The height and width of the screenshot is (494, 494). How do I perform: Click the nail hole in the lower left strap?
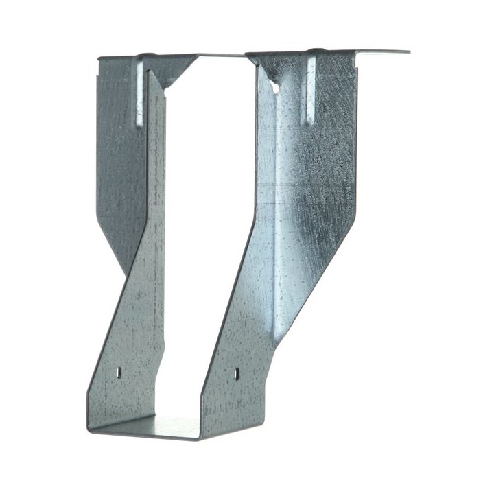[118, 372]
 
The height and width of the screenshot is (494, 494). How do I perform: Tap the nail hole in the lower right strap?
[237, 373]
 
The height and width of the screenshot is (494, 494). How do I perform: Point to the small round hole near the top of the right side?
[275, 88]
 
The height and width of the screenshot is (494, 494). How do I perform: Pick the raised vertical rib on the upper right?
[311, 89]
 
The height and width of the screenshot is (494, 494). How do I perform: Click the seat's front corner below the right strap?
[200, 436]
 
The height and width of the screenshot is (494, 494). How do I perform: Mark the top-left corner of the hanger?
[99, 59]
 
